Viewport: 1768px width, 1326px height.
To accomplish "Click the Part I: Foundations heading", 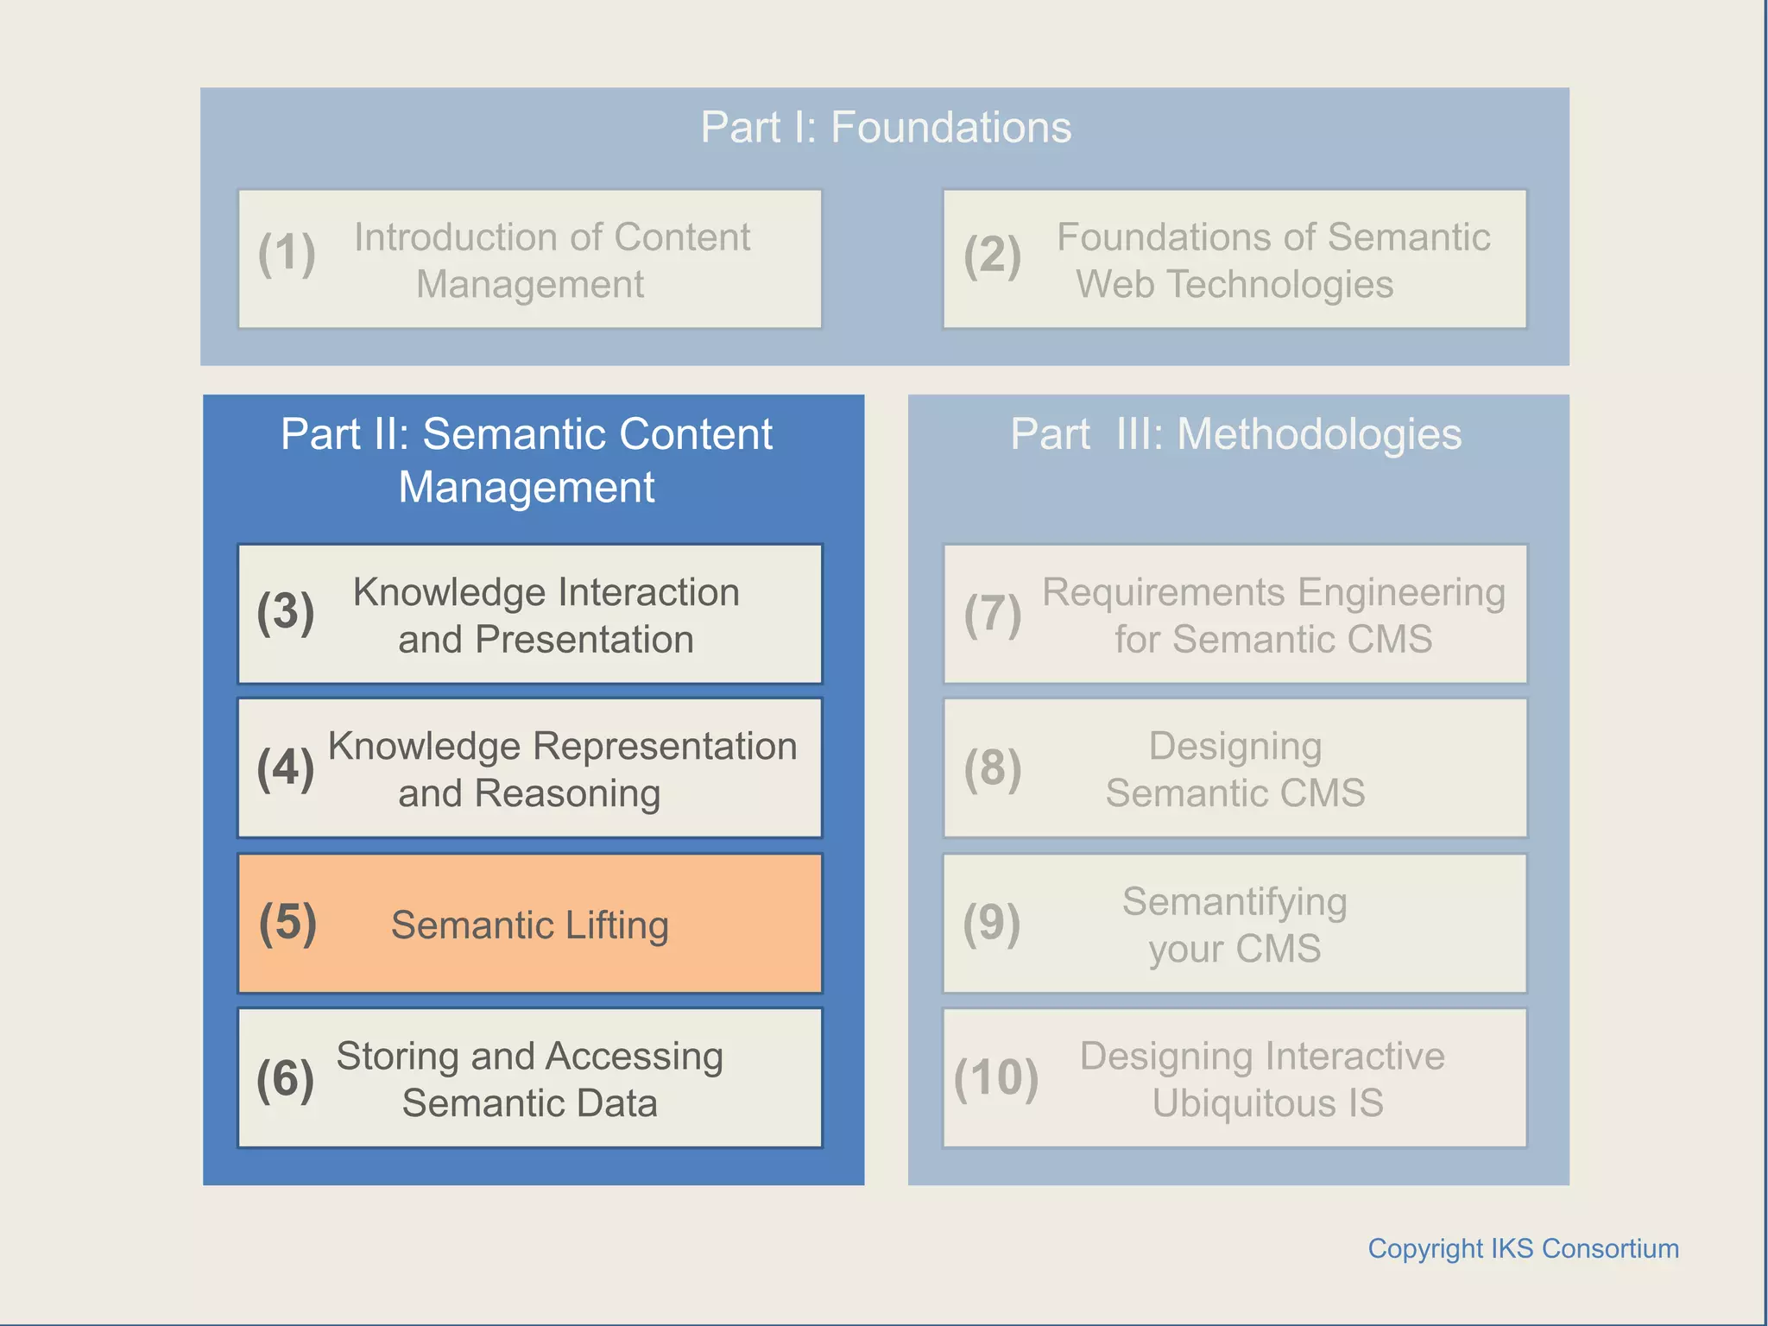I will pos(886,128).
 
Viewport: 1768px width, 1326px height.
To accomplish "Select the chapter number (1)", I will pos(287,254).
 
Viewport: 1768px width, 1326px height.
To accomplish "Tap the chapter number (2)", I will pos(992,256).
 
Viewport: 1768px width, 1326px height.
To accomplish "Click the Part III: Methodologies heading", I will pos(1235,434).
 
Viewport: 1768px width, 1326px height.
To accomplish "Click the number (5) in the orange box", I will pos(287,922).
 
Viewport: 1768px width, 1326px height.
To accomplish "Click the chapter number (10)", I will pos(995,1078).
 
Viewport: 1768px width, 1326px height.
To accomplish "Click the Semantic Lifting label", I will pos(529,925).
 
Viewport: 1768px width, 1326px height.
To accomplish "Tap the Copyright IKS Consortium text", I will pos(1523,1248).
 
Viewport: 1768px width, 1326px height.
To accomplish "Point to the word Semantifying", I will pos(1234,902).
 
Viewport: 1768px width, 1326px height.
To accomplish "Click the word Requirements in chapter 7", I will pos(1163,593).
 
